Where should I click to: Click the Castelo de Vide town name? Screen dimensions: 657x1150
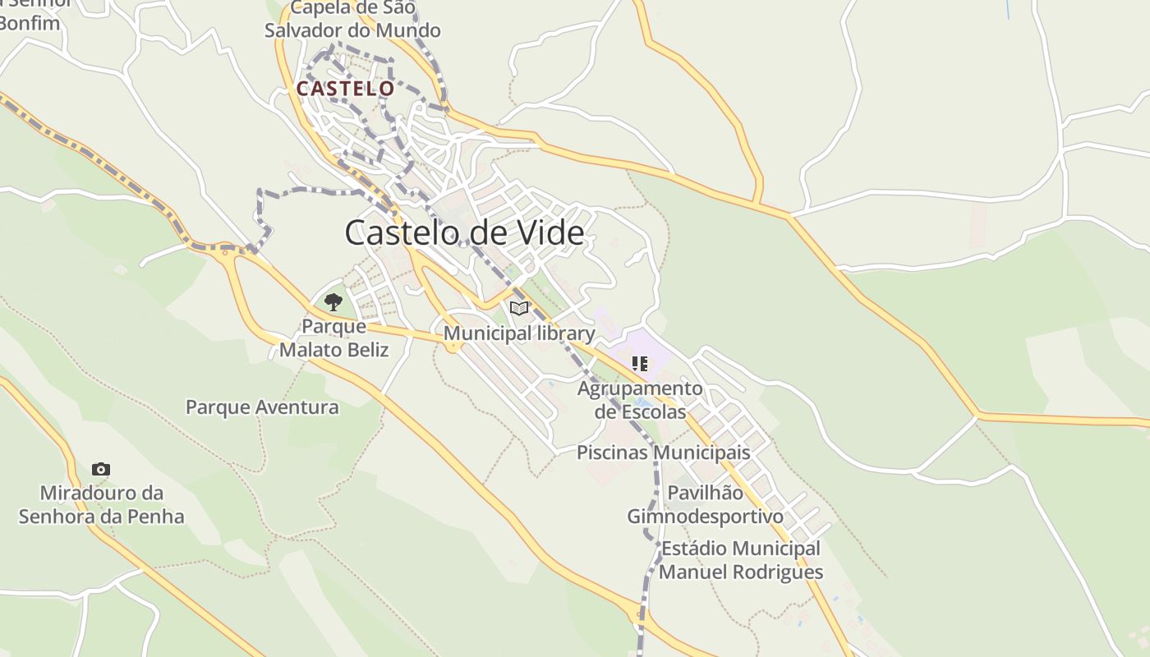tap(464, 233)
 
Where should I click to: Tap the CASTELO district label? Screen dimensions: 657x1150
tap(345, 89)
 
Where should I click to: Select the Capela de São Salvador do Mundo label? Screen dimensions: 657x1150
tap(352, 20)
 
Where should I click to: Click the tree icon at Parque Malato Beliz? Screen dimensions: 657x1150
tap(333, 302)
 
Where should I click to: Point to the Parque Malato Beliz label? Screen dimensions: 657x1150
tap(333, 338)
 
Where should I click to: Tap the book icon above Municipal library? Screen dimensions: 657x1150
tap(518, 309)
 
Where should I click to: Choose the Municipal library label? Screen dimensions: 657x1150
tap(519, 333)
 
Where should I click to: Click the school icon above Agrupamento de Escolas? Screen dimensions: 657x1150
tap(640, 363)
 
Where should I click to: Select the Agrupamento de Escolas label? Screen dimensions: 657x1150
tap(640, 400)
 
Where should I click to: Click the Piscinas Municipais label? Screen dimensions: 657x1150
tap(663, 453)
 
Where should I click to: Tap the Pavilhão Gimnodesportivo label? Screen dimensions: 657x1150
tap(705, 504)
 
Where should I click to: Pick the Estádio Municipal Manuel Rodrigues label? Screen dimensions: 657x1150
tap(740, 560)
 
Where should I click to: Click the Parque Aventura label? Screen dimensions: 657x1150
tap(262, 407)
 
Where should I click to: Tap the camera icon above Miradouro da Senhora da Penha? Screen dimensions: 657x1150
tap(101, 470)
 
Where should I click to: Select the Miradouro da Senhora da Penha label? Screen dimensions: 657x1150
tap(102, 505)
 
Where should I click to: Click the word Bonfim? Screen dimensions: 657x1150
tap(30, 22)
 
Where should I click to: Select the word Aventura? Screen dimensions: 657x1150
tap(297, 407)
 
